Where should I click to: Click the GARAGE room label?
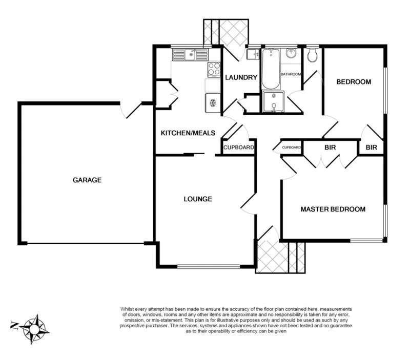point(87,180)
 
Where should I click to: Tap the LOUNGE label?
point(198,199)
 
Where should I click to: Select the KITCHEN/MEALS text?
point(188,134)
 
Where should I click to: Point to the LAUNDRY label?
point(241,78)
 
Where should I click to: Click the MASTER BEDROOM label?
point(333,209)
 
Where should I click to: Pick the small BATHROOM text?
point(290,75)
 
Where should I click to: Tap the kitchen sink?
point(190,54)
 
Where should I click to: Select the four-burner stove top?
point(214,69)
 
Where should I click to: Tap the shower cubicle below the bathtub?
point(273,102)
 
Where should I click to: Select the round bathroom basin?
point(291,54)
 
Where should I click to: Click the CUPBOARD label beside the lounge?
point(238,147)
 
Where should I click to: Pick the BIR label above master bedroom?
point(330,147)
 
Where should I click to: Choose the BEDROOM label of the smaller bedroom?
point(353,82)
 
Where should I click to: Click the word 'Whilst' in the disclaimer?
point(128,309)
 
